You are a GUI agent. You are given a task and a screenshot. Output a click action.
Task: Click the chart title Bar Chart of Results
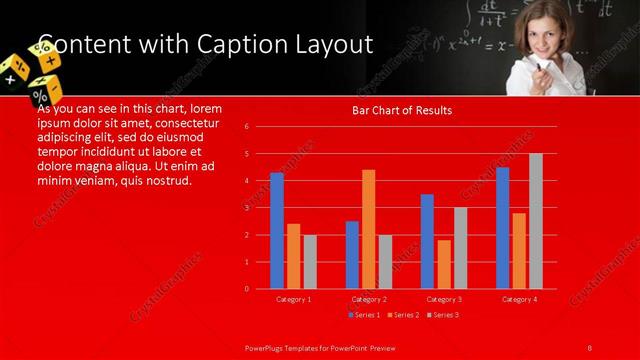coord(401,110)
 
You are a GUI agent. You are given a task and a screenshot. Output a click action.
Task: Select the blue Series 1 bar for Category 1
coord(277,231)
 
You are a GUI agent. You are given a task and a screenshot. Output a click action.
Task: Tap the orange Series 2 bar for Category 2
coord(368,229)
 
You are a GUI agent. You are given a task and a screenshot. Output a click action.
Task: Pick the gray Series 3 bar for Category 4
coord(536,221)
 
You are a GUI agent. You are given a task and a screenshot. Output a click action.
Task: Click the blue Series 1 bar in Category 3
coord(427,241)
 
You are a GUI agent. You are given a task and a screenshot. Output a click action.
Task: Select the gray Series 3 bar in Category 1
coord(310,261)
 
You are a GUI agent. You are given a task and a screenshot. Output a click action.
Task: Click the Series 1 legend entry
coord(365,315)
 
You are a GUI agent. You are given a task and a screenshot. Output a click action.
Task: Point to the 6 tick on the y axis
coord(247,127)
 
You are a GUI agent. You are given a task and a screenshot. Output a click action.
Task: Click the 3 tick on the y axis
coord(247,208)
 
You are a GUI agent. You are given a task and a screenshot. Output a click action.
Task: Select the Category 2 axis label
coord(369,299)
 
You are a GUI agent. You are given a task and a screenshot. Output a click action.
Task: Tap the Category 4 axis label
coord(519,299)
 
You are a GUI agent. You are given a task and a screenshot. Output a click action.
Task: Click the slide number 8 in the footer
coord(590,347)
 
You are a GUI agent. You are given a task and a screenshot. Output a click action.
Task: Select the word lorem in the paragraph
coord(205,108)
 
